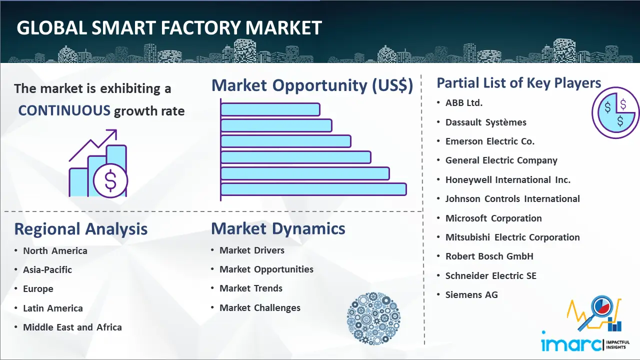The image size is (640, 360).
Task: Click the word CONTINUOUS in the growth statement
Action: pos(64,110)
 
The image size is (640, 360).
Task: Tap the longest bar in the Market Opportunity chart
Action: pos(313,189)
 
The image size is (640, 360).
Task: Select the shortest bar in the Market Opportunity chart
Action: pos(270,109)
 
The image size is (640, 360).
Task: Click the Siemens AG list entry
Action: pos(471,294)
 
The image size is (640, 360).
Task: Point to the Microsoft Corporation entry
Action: pos(493,218)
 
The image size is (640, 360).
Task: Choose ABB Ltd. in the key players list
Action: pos(463,103)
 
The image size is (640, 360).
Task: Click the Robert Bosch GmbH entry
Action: pos(489,256)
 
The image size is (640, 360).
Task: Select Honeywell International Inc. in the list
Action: pos(507,179)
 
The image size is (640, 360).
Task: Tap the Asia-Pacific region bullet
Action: pos(47,269)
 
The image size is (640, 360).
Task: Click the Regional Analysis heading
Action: pos(81,229)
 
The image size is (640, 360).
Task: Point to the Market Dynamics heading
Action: pos(278,228)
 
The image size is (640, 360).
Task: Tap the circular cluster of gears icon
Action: pos(373,318)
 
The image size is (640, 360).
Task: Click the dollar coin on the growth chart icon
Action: pos(110,181)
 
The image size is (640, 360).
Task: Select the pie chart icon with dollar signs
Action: pos(615,113)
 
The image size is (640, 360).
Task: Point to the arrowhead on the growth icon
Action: pos(112,133)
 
